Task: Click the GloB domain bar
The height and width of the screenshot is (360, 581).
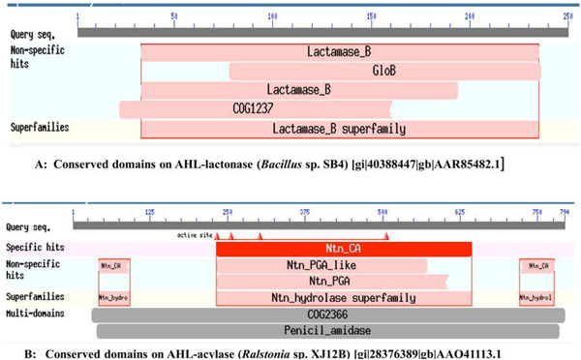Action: click(383, 71)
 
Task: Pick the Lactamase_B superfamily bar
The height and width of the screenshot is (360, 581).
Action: click(339, 128)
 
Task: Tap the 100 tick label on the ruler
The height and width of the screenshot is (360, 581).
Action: click(273, 16)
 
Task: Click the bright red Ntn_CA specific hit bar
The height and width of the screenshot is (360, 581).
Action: click(343, 249)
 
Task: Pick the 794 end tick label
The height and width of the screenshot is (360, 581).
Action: click(566, 211)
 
